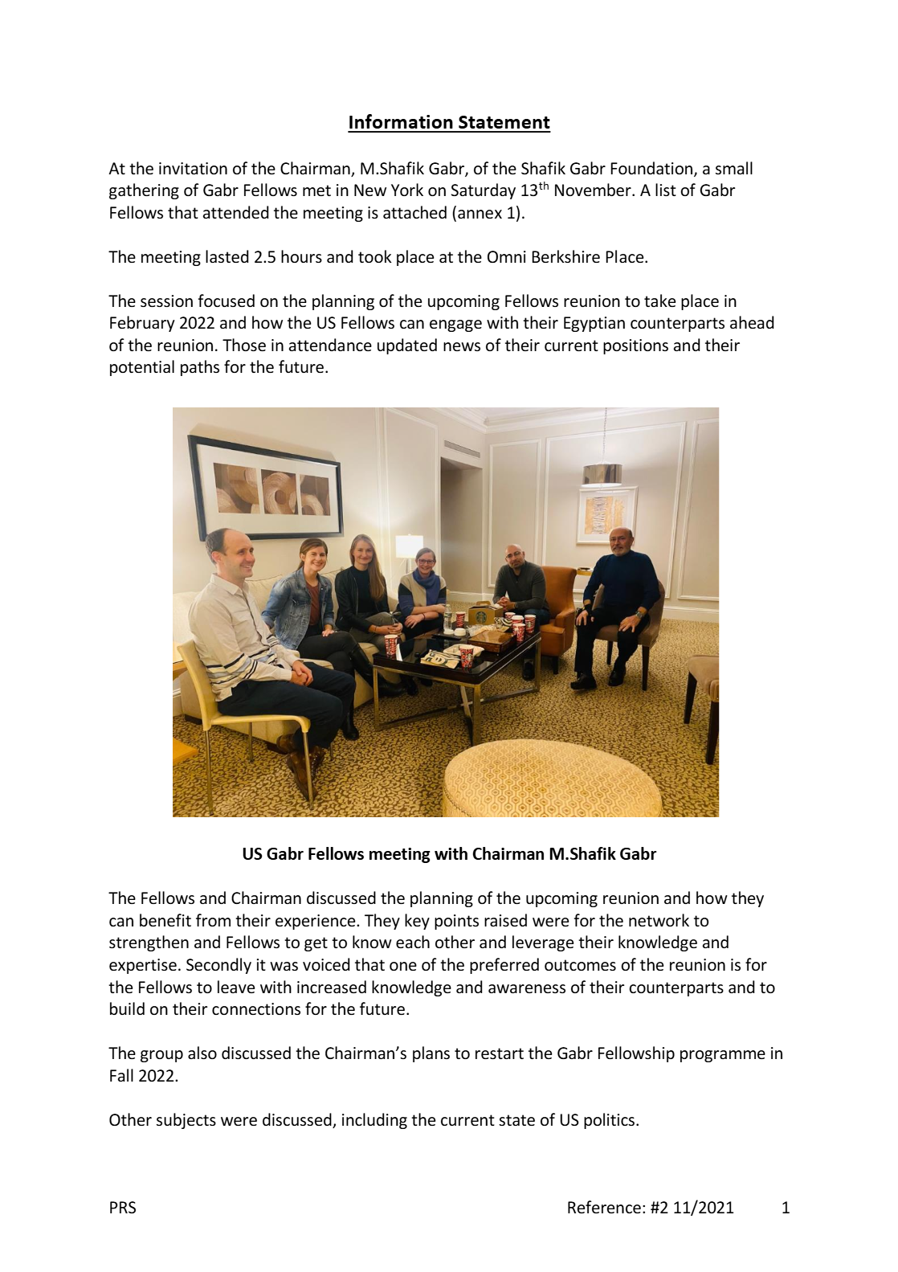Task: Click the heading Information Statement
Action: (448, 122)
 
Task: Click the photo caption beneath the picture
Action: (449, 854)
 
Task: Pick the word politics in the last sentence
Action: (609, 1120)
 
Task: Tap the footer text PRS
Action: (123, 1208)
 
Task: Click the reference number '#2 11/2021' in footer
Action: (692, 1208)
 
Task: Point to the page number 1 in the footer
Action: (786, 1208)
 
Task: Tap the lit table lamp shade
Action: (409, 547)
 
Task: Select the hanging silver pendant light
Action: (602, 474)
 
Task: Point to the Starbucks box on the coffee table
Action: (481, 616)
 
